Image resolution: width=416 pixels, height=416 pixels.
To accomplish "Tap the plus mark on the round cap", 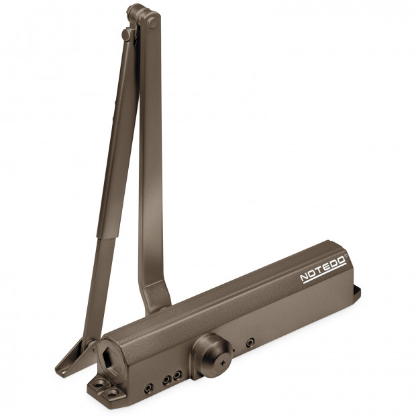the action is click(222, 363).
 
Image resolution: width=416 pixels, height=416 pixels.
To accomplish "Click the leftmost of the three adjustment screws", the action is click(148, 388).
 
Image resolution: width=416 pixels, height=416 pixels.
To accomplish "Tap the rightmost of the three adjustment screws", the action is click(177, 376).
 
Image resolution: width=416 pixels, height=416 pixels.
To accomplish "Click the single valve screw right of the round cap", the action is click(250, 343).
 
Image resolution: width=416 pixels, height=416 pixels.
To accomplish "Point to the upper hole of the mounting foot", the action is click(100, 382).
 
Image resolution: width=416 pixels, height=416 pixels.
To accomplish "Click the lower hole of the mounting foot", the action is click(113, 393).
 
